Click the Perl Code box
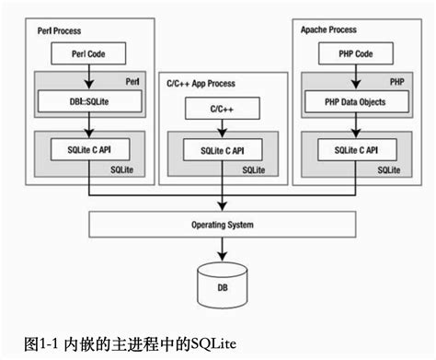pyautogui.click(x=89, y=54)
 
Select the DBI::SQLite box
pyautogui.click(x=89, y=101)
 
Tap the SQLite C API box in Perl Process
pyautogui.click(x=89, y=148)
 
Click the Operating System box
pyautogui.click(x=222, y=224)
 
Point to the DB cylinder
pyautogui.click(x=222, y=285)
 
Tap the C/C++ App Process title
pyautogui.click(x=198, y=84)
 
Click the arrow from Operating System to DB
pyautogui.click(x=222, y=248)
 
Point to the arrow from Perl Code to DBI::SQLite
pyautogui.click(x=89, y=77)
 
